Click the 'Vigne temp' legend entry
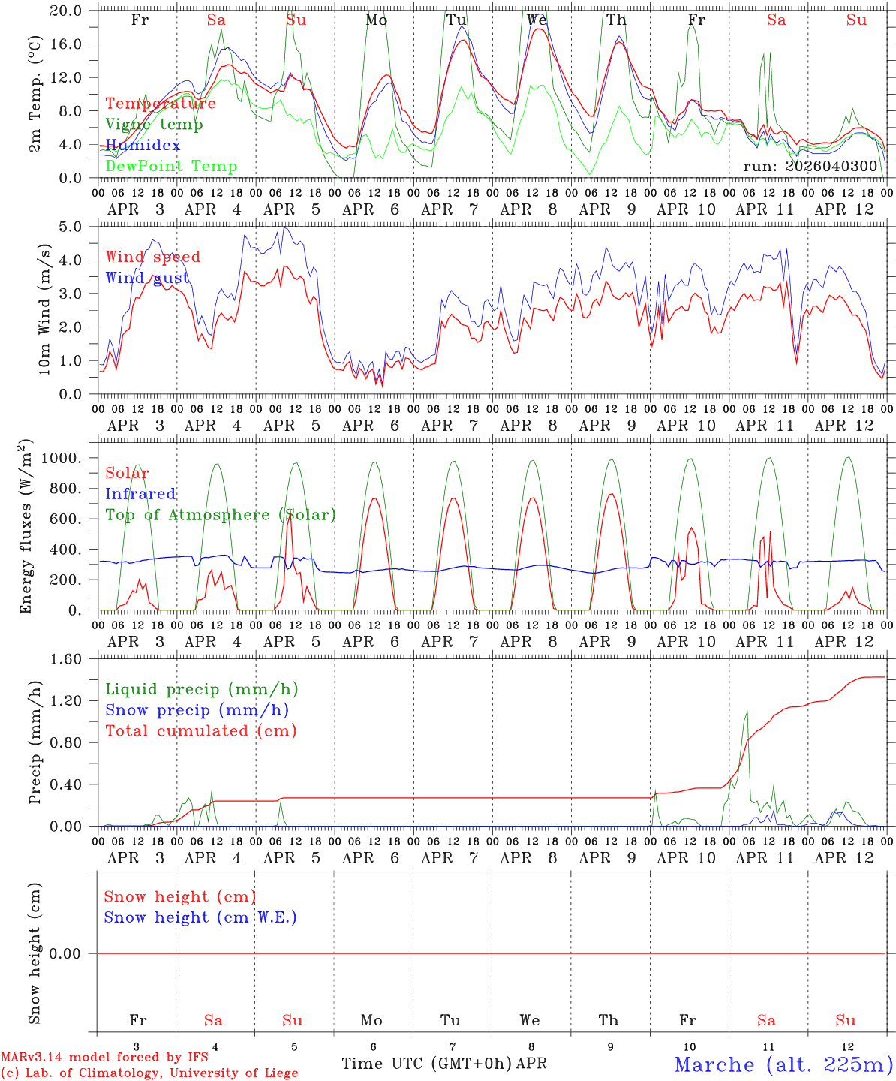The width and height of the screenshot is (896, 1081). pyautogui.click(x=154, y=125)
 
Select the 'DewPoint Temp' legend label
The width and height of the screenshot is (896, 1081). pyautogui.click(x=171, y=167)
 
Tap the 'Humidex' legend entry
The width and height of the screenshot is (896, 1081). pyautogui.click(x=143, y=146)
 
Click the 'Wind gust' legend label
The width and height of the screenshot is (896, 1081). pyautogui.click(x=147, y=279)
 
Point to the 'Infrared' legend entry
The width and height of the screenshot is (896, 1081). pyautogui.click(x=140, y=494)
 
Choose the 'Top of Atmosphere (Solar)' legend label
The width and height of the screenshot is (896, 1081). pyautogui.click(x=220, y=515)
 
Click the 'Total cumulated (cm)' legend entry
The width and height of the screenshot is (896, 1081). pyautogui.click(x=200, y=731)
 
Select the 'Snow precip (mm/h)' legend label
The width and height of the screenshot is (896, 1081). pyautogui.click(x=197, y=710)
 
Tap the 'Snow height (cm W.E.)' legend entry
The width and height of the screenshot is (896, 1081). pyautogui.click(x=200, y=917)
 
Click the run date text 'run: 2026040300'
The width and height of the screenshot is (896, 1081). pyautogui.click(x=810, y=166)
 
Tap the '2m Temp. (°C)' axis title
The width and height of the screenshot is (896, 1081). pyautogui.click(x=35, y=94)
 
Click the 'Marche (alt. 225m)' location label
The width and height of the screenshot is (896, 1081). pyautogui.click(x=783, y=1064)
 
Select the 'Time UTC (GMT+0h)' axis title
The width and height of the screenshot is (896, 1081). pyautogui.click(x=427, y=1064)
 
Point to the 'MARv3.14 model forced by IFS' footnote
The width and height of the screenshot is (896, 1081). pyautogui.click(x=104, y=1058)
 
